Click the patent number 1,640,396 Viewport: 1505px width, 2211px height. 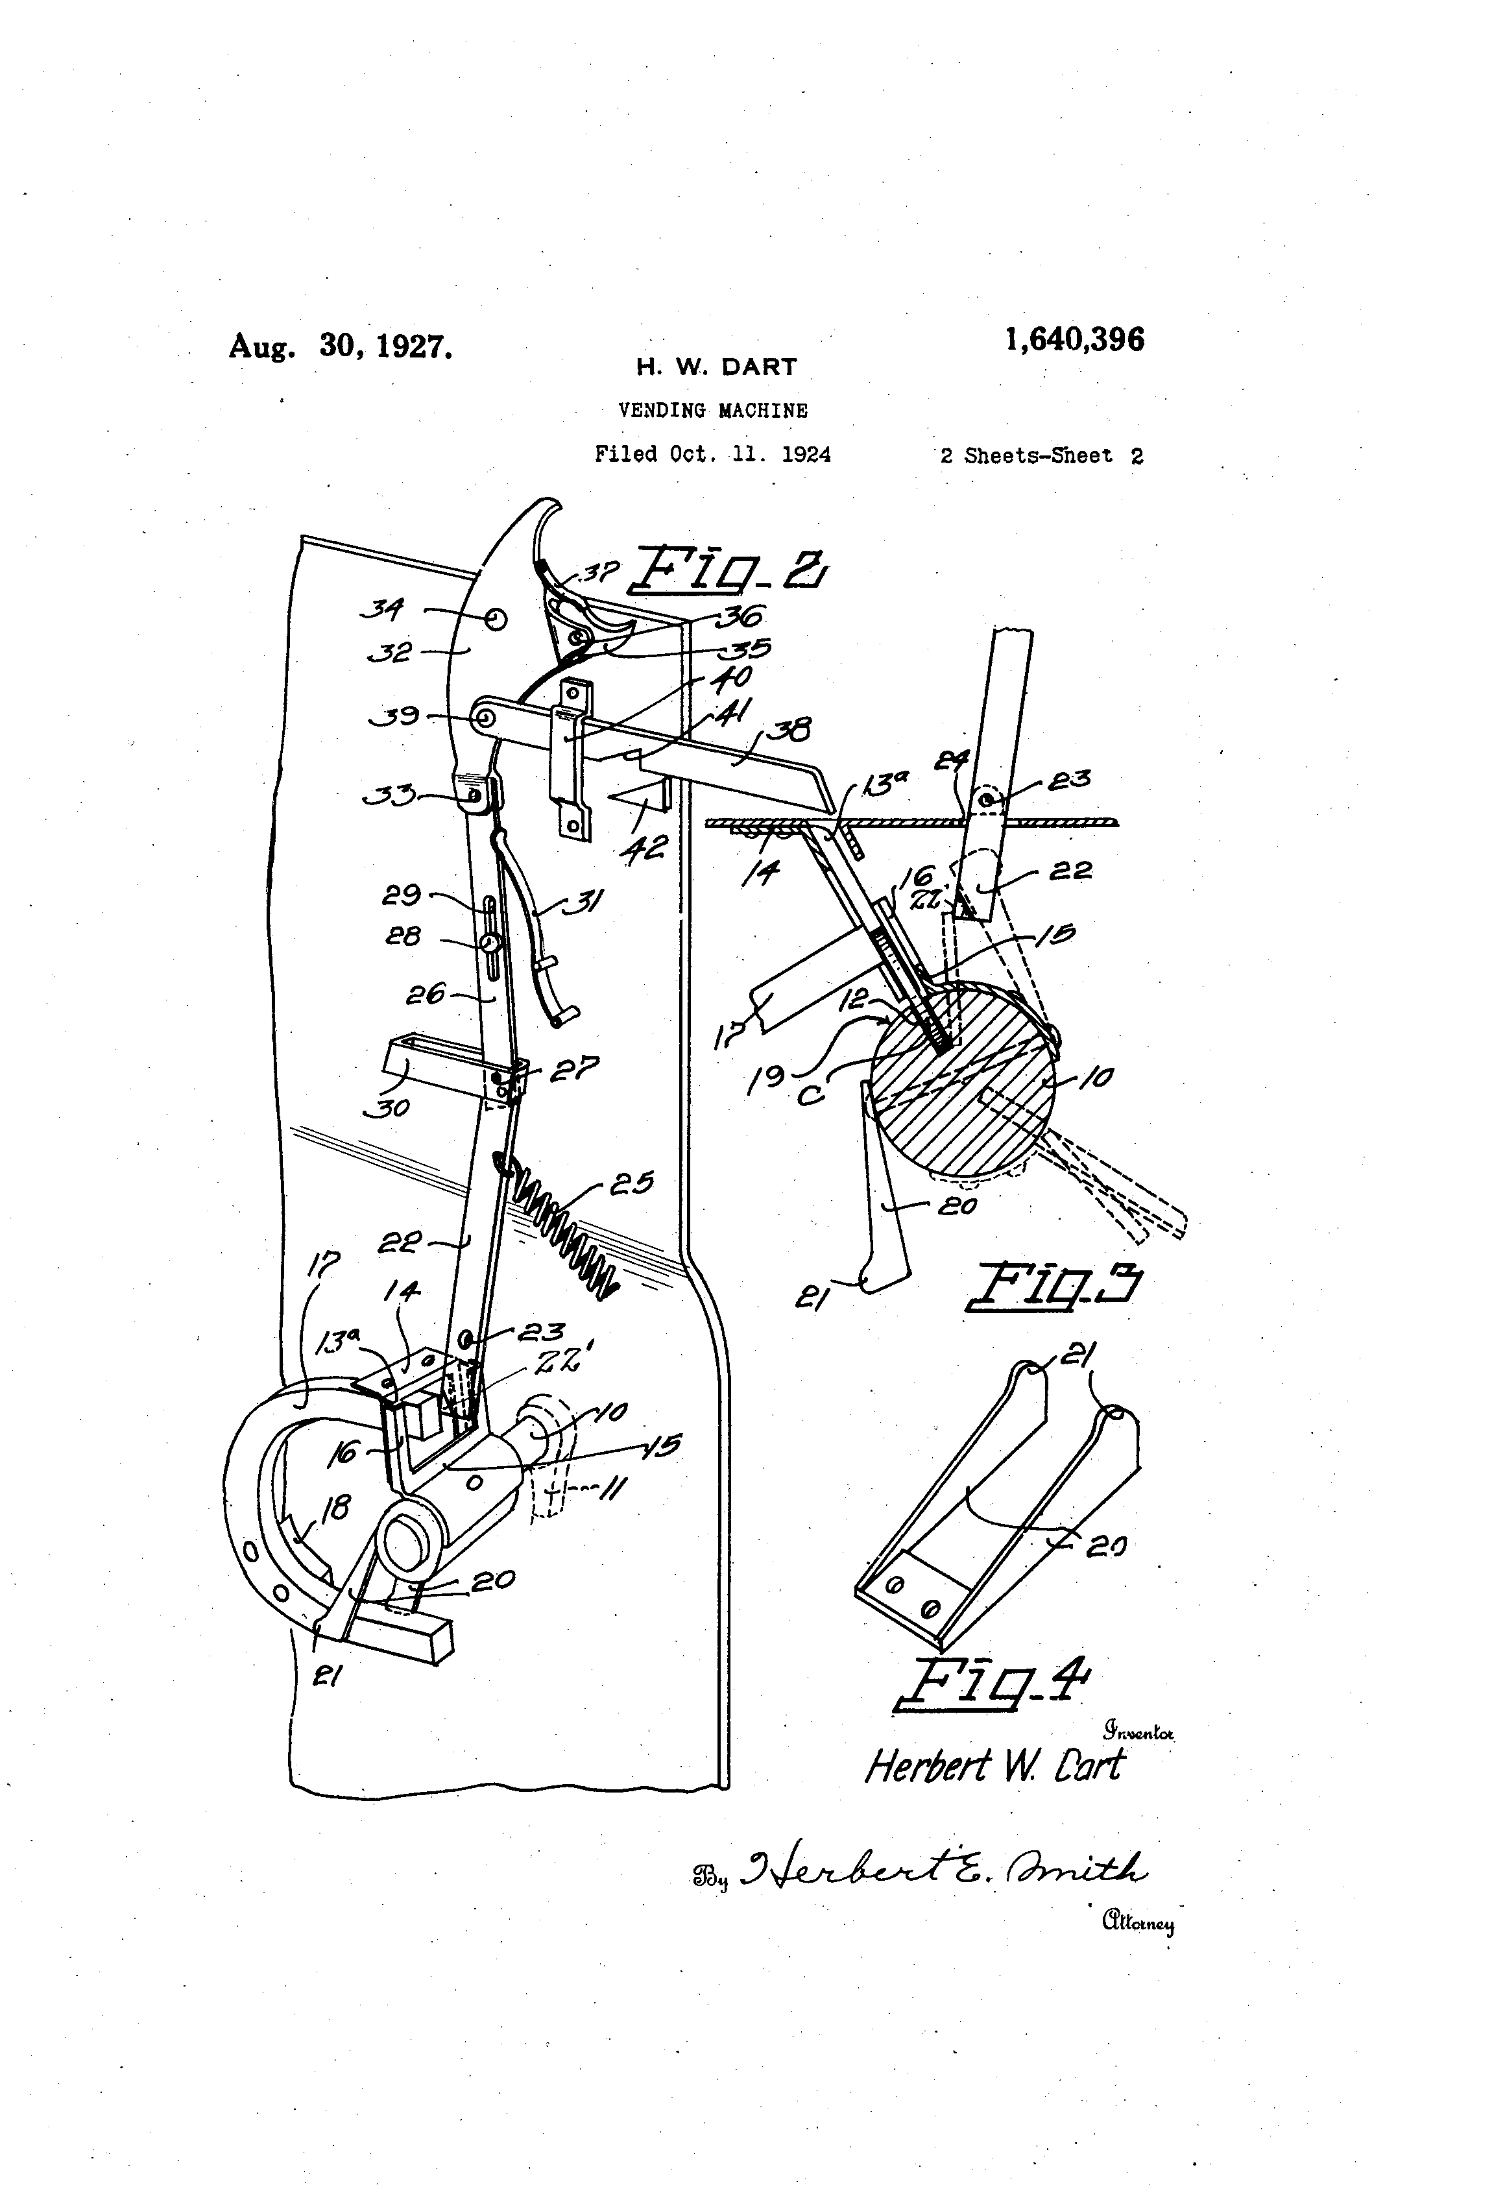(1074, 340)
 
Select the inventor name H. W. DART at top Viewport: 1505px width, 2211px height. (716, 367)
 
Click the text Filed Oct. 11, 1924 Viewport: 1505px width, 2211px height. (712, 455)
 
